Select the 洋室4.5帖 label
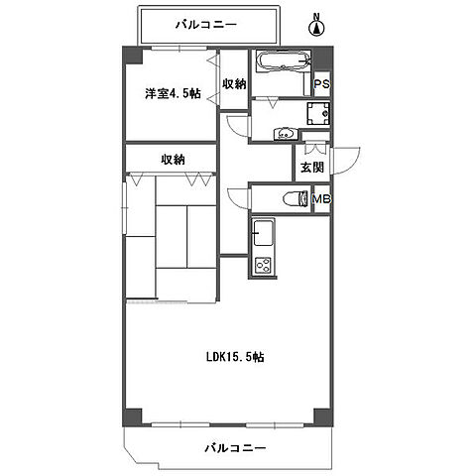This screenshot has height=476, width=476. click(171, 94)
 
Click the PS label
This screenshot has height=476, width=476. click(320, 85)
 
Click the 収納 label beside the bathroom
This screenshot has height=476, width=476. click(233, 84)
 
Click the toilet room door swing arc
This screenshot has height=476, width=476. click(236, 196)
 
